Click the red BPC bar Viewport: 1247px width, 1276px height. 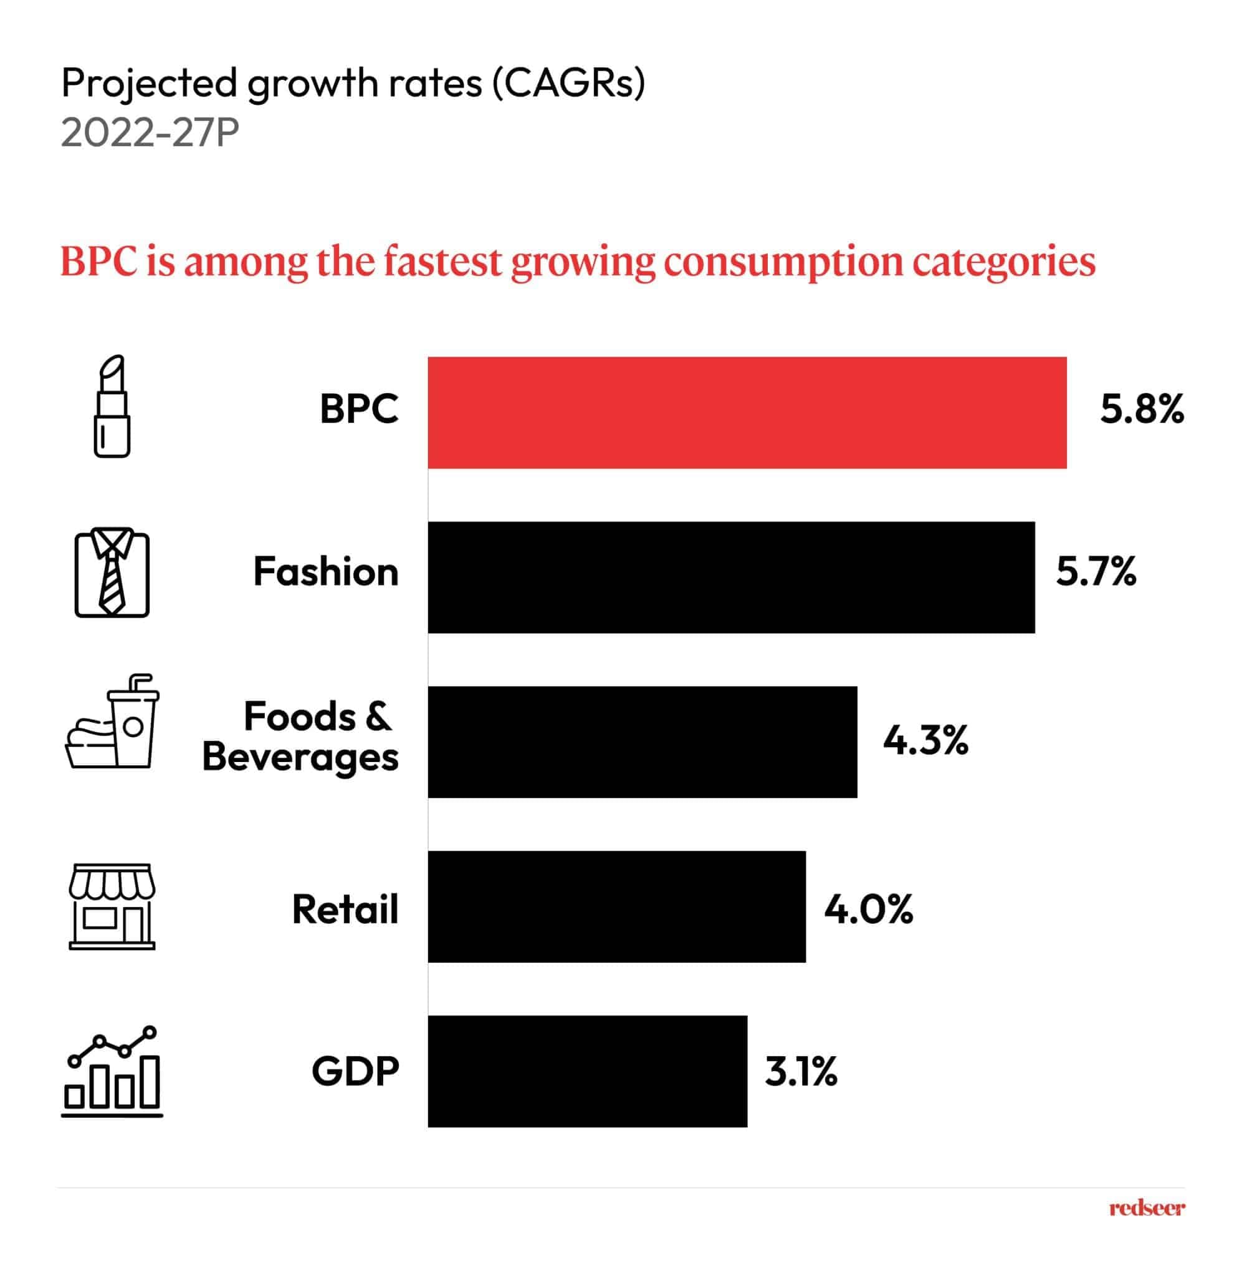(x=747, y=412)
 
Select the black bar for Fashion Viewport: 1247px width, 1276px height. (x=731, y=578)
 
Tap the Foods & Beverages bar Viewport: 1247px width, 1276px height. (x=642, y=742)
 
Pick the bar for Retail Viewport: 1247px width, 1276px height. (x=616, y=907)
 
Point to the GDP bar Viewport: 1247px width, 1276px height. (x=587, y=1071)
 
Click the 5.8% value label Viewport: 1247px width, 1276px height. (x=1142, y=410)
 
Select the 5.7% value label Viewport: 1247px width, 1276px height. (x=1096, y=571)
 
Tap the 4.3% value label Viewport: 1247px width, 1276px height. (x=925, y=740)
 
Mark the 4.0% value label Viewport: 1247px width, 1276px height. (x=868, y=910)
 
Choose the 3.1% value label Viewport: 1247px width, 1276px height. (x=800, y=1072)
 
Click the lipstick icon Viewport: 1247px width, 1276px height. (x=112, y=407)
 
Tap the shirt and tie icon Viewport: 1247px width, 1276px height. (x=112, y=572)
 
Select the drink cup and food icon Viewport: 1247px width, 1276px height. (x=113, y=721)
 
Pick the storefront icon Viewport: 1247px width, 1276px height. (x=112, y=906)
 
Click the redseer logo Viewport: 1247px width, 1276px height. (x=1146, y=1209)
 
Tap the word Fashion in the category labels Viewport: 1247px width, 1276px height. (x=325, y=571)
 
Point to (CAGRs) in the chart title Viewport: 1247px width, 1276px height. (x=568, y=84)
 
